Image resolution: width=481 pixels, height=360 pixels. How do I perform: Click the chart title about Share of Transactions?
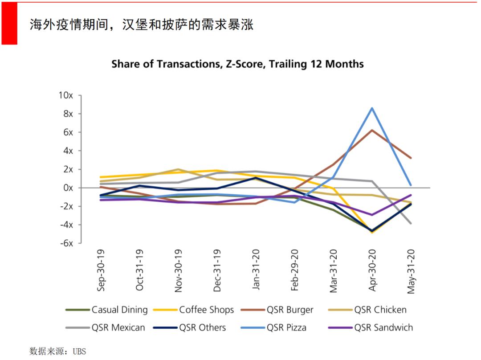pos(237,64)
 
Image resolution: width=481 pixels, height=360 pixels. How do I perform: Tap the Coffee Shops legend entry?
pos(206,310)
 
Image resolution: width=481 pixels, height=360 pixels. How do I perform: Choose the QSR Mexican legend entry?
pos(118,327)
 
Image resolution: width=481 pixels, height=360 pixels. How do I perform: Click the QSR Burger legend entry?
pos(290,310)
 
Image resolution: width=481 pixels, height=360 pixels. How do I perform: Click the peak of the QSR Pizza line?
pos(372,108)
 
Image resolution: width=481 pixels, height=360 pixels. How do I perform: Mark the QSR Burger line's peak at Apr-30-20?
pos(372,130)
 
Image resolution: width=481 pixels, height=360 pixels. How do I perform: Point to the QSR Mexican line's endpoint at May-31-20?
pos(411,223)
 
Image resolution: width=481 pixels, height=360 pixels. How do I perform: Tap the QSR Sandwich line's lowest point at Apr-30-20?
pos(372,215)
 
